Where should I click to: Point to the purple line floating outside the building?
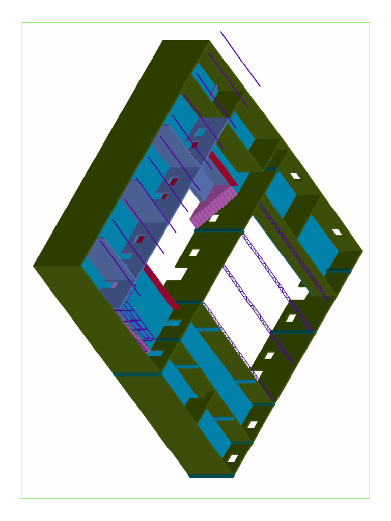point(240,59)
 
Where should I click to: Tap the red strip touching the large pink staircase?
point(222,168)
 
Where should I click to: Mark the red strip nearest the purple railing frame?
point(162,287)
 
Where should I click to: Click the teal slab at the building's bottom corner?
point(211,476)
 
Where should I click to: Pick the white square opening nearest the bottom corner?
point(233,458)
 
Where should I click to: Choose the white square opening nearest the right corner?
point(337,233)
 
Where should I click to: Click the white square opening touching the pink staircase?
point(214,219)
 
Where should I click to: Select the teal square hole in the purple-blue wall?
point(201,132)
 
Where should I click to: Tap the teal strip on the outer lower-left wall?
point(137,374)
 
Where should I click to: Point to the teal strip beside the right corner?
point(339,271)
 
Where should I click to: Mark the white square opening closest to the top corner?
point(295,176)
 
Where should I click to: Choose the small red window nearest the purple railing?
point(140,239)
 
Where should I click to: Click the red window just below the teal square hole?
point(194,145)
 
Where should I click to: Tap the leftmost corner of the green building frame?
point(35,266)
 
